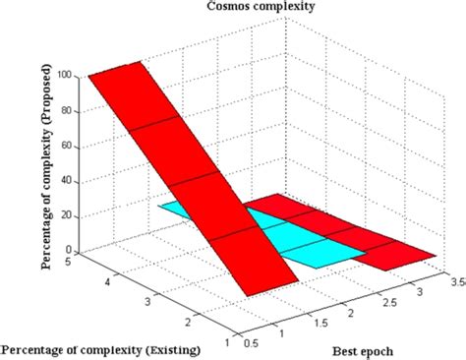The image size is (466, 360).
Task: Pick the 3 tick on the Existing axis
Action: tap(147, 298)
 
